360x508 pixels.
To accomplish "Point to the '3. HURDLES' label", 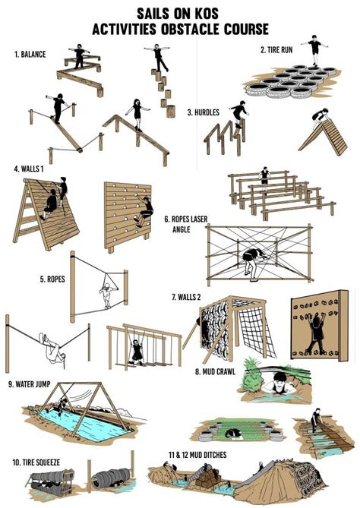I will (203, 112).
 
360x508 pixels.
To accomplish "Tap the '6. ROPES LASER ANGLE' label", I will (185, 224).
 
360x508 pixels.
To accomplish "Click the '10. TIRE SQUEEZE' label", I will (37, 461).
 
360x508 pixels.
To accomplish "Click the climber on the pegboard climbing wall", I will (142, 210).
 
